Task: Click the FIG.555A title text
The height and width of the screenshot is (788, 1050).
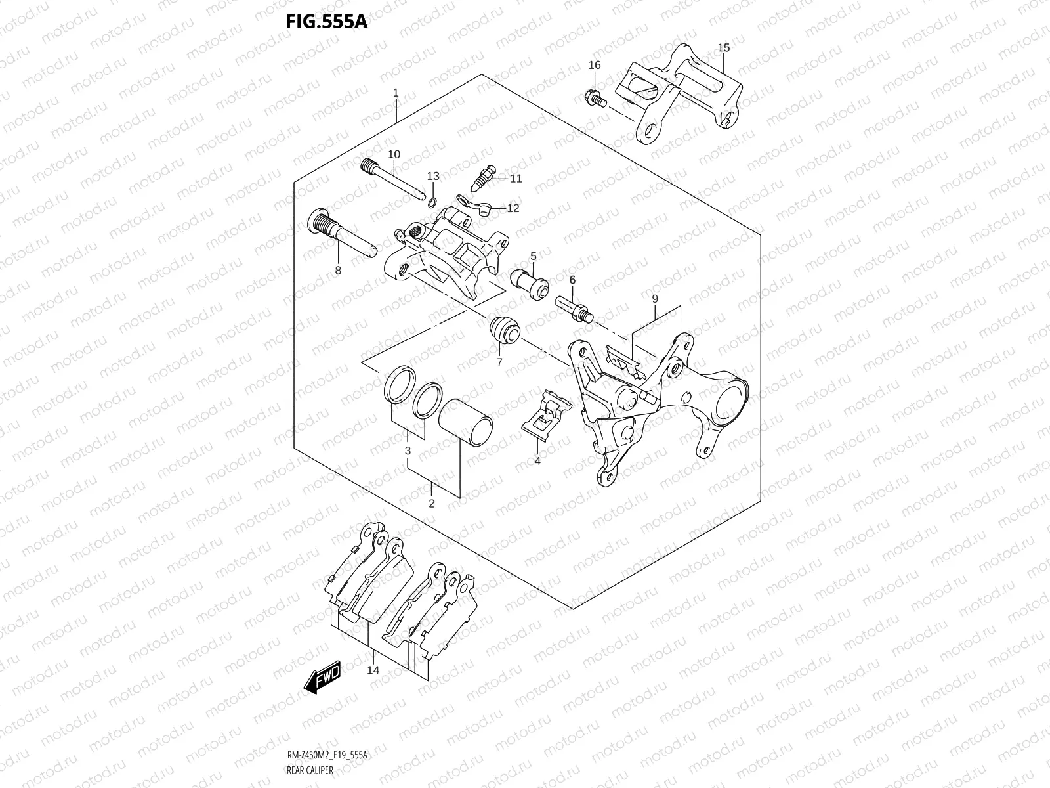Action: [x=326, y=21]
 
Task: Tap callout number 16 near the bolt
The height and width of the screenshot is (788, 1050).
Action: [x=594, y=65]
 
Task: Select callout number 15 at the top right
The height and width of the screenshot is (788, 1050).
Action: [x=723, y=47]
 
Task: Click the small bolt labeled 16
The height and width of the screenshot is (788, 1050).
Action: [x=593, y=98]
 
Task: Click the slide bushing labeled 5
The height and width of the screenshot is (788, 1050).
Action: [x=533, y=283]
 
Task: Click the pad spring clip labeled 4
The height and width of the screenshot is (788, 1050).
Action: [x=542, y=416]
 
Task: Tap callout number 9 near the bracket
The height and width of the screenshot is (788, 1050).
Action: [x=654, y=299]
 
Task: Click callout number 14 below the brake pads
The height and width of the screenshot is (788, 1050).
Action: [x=373, y=670]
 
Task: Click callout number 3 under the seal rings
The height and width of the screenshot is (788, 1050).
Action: [x=408, y=451]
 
